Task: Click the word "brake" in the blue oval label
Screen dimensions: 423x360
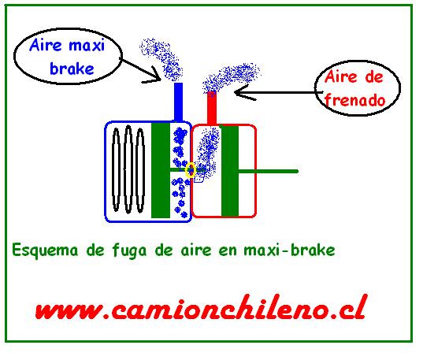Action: coord(72,69)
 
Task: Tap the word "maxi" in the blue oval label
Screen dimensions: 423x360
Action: coord(87,46)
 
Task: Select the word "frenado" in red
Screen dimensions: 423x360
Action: coord(355,100)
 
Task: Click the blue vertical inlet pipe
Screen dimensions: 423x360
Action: coord(179,102)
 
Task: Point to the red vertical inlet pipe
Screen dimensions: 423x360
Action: coord(212,109)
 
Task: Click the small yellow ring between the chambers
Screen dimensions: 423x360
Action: coord(191,170)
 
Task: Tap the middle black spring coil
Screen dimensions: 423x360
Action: coord(128,169)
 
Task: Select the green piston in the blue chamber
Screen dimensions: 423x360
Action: coord(161,171)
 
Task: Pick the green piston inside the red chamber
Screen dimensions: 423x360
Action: coord(230,171)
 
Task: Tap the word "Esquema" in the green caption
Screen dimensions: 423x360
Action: coord(45,251)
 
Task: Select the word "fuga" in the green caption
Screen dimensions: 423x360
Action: coord(129,251)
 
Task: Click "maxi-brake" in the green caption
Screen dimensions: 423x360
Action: coord(289,250)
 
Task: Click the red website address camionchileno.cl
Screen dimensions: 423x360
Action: coord(200,308)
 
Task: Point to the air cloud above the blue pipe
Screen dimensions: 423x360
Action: coord(161,59)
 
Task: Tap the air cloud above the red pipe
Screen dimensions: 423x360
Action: coord(232,77)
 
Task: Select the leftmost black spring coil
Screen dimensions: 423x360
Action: coord(116,169)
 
